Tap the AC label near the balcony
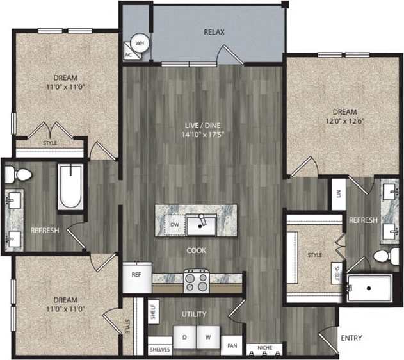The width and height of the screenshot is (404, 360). tap(128, 54)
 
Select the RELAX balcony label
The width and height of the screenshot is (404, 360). tap(214, 31)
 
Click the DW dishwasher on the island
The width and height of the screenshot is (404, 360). tap(174, 225)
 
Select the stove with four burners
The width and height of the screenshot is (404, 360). tap(197, 279)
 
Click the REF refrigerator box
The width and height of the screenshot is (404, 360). tap(136, 274)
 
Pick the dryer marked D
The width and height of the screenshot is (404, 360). tap(184, 337)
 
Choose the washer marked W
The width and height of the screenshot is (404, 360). tap(207, 337)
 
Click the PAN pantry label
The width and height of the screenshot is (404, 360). tap(232, 345)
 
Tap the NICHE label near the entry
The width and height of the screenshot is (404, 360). tap(264, 348)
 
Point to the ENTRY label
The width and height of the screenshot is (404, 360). tap(351, 338)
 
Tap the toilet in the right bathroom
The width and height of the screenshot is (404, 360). tap(383, 257)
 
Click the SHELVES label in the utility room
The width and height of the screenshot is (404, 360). tap(159, 350)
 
